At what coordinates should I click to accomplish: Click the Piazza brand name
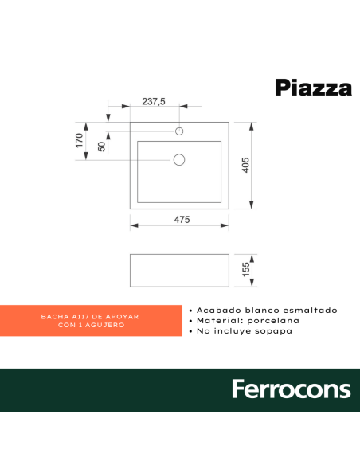click(313, 87)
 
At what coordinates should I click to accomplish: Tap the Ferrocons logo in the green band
click(291, 389)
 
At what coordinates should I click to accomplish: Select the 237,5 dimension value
click(154, 101)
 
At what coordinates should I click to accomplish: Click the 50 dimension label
click(101, 147)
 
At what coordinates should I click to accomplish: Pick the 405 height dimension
click(246, 165)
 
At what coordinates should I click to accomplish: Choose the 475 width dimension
click(181, 220)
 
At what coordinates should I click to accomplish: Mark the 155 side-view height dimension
click(246, 271)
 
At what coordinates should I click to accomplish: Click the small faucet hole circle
click(179, 131)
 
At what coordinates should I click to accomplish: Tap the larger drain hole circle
click(178, 160)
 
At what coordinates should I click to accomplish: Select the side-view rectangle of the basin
click(178, 270)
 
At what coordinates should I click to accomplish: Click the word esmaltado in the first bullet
click(310, 310)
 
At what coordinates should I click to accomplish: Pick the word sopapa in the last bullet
click(275, 330)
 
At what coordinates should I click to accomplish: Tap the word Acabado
click(213, 310)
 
